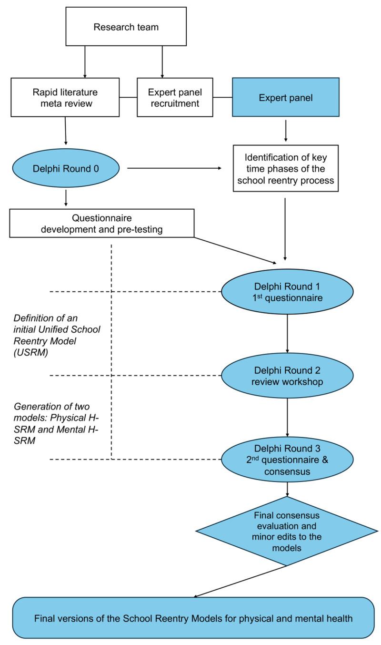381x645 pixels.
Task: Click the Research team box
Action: click(x=126, y=27)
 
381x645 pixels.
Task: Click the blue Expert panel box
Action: click(x=286, y=97)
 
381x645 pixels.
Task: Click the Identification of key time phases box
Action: click(x=286, y=168)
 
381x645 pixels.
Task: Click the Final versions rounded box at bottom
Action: click(x=193, y=619)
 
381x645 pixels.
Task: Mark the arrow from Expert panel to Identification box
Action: click(x=286, y=131)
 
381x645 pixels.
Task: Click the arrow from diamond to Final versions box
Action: click(x=241, y=581)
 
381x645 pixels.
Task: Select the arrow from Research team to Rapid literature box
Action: click(x=85, y=61)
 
